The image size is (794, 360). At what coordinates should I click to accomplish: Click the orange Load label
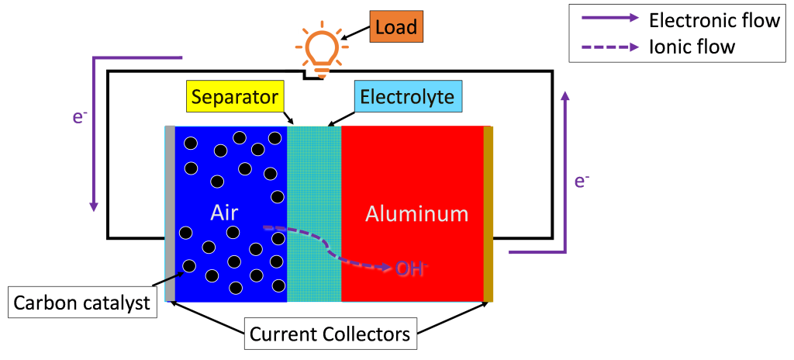[x=395, y=28]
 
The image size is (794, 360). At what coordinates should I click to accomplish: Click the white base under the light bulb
[x=315, y=76]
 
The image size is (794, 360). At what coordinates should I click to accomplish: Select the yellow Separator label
[x=234, y=98]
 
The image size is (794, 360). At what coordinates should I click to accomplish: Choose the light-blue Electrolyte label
[x=409, y=98]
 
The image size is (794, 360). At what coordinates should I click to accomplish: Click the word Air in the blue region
[x=224, y=213]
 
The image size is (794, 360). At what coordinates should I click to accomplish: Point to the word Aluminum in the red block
[x=416, y=213]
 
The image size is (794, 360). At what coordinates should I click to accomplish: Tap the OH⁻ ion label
[x=412, y=268]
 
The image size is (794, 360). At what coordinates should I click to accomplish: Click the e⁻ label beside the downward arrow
[x=79, y=118]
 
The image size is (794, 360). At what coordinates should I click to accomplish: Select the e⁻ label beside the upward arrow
[x=582, y=181]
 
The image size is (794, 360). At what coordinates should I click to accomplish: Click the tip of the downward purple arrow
[x=94, y=209]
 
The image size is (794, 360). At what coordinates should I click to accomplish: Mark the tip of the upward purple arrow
[x=564, y=93]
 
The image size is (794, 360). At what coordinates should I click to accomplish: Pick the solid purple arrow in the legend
[x=611, y=18]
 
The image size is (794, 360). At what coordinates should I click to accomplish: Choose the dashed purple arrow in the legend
[x=611, y=47]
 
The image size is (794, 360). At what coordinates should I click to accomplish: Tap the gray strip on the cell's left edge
[x=169, y=213]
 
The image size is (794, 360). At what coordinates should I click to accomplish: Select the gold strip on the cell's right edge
[x=488, y=213]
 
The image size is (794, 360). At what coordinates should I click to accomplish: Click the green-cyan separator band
[x=314, y=213]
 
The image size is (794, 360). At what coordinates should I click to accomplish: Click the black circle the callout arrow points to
[x=188, y=266]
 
